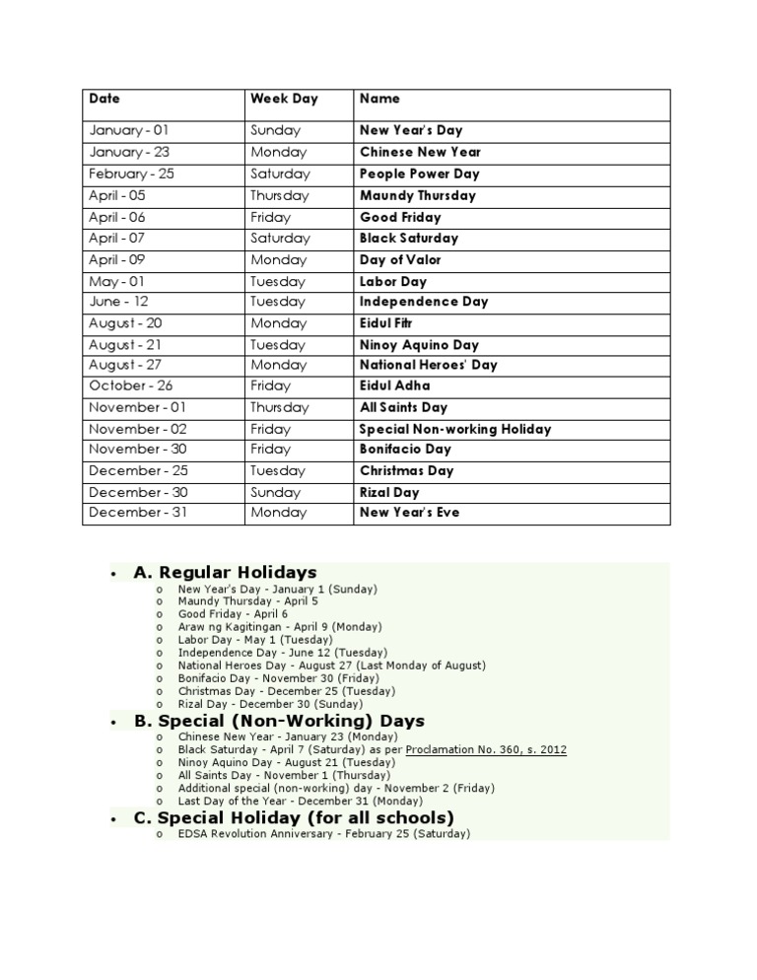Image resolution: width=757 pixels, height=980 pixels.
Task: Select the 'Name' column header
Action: pos(379,99)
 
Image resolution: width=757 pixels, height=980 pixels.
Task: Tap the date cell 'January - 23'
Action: pos(129,152)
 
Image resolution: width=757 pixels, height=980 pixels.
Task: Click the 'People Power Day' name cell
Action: pos(419,174)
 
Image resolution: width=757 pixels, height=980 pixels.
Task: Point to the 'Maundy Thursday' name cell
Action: pos(418,195)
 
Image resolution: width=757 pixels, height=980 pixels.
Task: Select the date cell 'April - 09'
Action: pos(117,260)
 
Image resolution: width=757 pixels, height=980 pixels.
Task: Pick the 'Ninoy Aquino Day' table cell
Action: pos(419,345)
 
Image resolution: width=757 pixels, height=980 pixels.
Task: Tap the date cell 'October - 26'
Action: pos(130,385)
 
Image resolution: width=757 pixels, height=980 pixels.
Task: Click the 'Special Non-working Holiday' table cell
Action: pos(455,429)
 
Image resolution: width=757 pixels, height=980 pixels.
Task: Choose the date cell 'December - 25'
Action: pos(138,470)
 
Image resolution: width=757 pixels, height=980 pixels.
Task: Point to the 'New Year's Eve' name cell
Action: pos(409,512)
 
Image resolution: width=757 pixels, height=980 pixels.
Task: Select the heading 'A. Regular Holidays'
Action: pos(225,572)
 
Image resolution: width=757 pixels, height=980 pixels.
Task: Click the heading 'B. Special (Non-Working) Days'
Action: pos(279,721)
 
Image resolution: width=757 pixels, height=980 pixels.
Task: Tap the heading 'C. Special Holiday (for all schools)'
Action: pos(294,818)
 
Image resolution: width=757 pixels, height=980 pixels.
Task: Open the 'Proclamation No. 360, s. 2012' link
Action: pos(486,750)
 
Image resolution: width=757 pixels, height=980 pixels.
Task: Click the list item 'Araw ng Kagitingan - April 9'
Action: pos(280,626)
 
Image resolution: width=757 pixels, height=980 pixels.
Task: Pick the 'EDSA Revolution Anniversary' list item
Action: pos(324,834)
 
